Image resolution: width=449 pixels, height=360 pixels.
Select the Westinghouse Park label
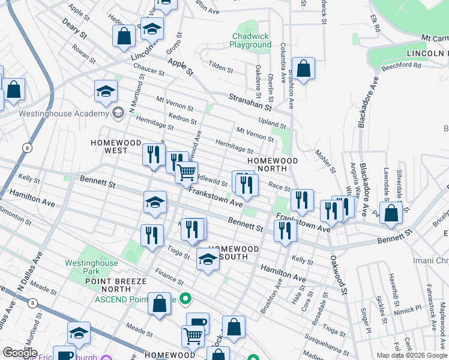click(x=89, y=267)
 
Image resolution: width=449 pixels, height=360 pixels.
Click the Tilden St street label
click(x=220, y=66)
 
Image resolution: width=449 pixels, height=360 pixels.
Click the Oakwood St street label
click(x=337, y=275)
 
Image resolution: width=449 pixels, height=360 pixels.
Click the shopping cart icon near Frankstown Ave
click(x=187, y=172)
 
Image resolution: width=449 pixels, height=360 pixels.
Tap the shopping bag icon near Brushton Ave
click(x=304, y=68)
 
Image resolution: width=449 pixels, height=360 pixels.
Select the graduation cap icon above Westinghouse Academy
click(x=105, y=91)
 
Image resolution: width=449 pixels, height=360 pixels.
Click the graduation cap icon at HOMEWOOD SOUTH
click(x=208, y=260)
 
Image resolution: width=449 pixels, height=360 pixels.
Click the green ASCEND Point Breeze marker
click(x=185, y=298)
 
